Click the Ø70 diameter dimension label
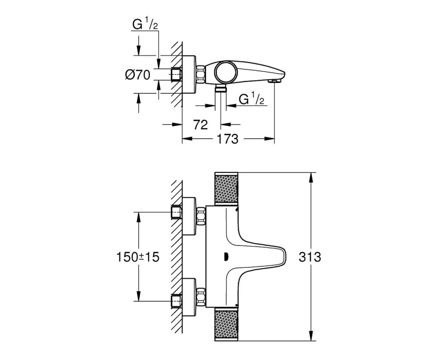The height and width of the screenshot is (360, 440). point(137,75)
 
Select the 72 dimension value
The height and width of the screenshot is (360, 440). point(200,125)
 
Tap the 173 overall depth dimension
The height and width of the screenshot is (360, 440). point(228,139)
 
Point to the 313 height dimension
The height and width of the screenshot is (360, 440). point(310,257)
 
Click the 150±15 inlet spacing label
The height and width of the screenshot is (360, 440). point(138,257)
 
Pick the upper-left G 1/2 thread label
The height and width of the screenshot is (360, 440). point(145,23)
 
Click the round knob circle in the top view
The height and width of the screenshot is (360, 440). point(226,72)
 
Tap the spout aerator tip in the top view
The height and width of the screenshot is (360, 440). point(274,81)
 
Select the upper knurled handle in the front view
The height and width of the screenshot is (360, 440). point(226,188)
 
